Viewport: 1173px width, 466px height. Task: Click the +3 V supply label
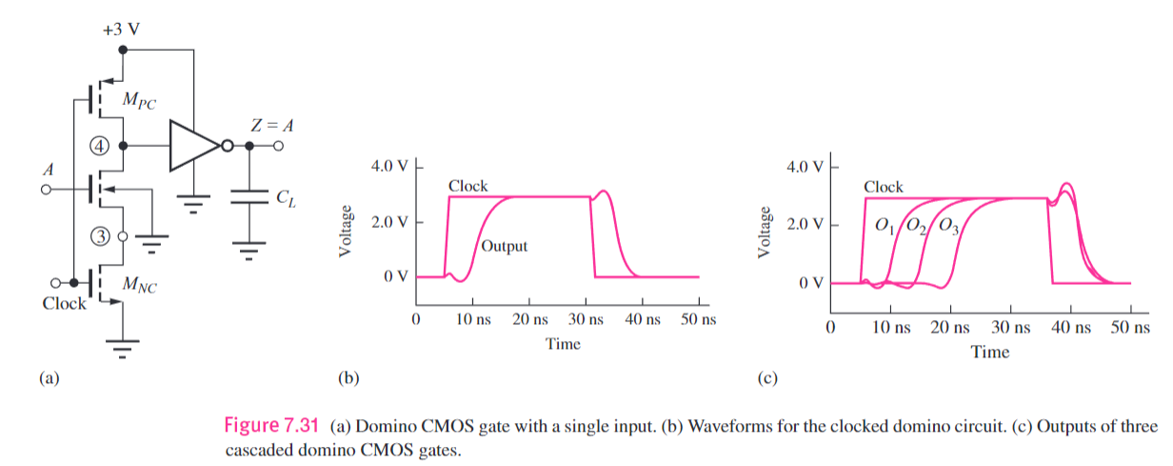pyautogui.click(x=121, y=28)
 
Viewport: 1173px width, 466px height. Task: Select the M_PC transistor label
pyautogui.click(x=138, y=101)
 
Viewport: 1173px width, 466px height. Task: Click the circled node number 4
pyautogui.click(x=100, y=146)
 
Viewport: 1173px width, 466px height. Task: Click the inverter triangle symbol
pyautogui.click(x=193, y=146)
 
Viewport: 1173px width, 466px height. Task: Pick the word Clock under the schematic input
pyautogui.click(x=64, y=304)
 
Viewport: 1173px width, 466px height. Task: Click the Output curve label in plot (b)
pyautogui.click(x=504, y=246)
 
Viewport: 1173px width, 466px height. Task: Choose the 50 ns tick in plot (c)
pyautogui.click(x=1131, y=327)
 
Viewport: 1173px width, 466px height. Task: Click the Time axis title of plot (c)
pyautogui.click(x=989, y=352)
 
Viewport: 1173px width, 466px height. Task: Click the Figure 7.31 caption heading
pyautogui.click(x=271, y=425)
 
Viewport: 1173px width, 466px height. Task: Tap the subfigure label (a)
pyautogui.click(x=48, y=378)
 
